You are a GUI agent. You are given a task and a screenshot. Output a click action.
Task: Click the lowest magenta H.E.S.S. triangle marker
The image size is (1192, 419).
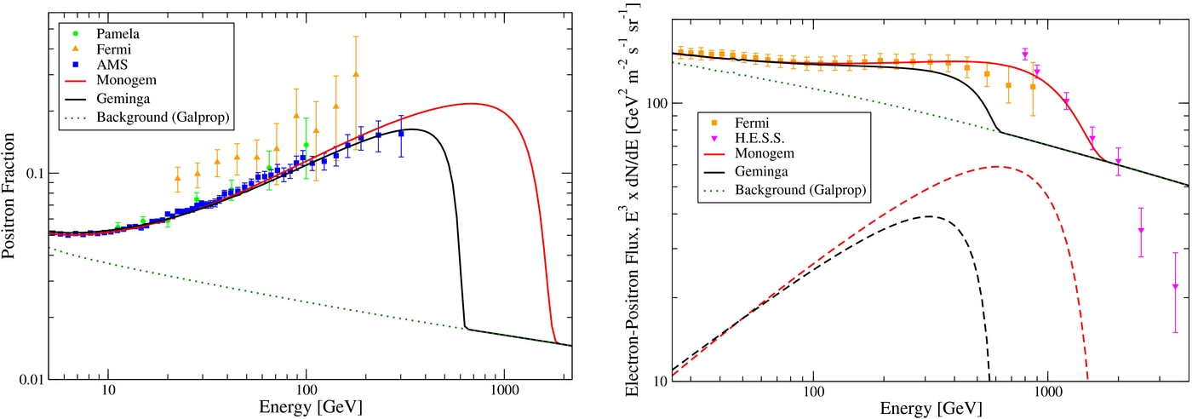(x=1175, y=287)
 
